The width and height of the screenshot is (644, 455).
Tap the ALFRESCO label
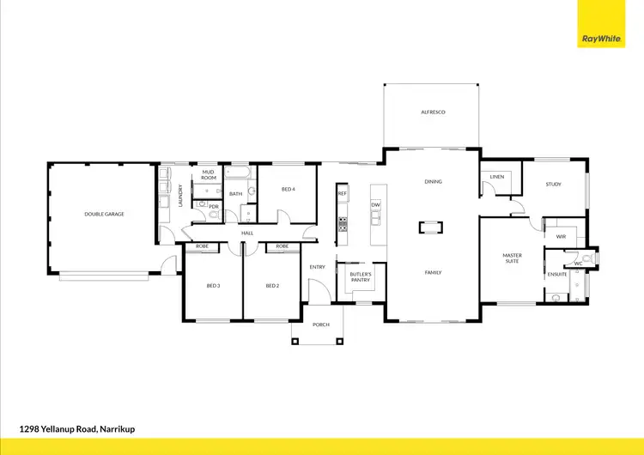click(433, 112)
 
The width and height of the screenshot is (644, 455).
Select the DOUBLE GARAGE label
click(104, 214)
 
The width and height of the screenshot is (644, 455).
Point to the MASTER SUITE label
click(513, 258)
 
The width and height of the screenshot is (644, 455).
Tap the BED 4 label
click(288, 189)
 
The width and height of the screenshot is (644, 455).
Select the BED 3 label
click(213, 286)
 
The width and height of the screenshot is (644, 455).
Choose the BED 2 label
click(272, 286)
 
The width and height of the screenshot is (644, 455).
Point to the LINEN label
click(496, 177)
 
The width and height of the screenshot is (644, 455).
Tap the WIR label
click(561, 236)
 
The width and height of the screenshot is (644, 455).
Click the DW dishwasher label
click(375, 205)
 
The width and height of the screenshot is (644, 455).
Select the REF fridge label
click(342, 194)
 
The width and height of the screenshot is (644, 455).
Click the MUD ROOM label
click(208, 174)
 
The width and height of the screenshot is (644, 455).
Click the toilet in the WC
click(587, 257)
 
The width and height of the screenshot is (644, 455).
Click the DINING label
click(433, 181)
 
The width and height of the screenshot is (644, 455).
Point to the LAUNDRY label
click(180, 197)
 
